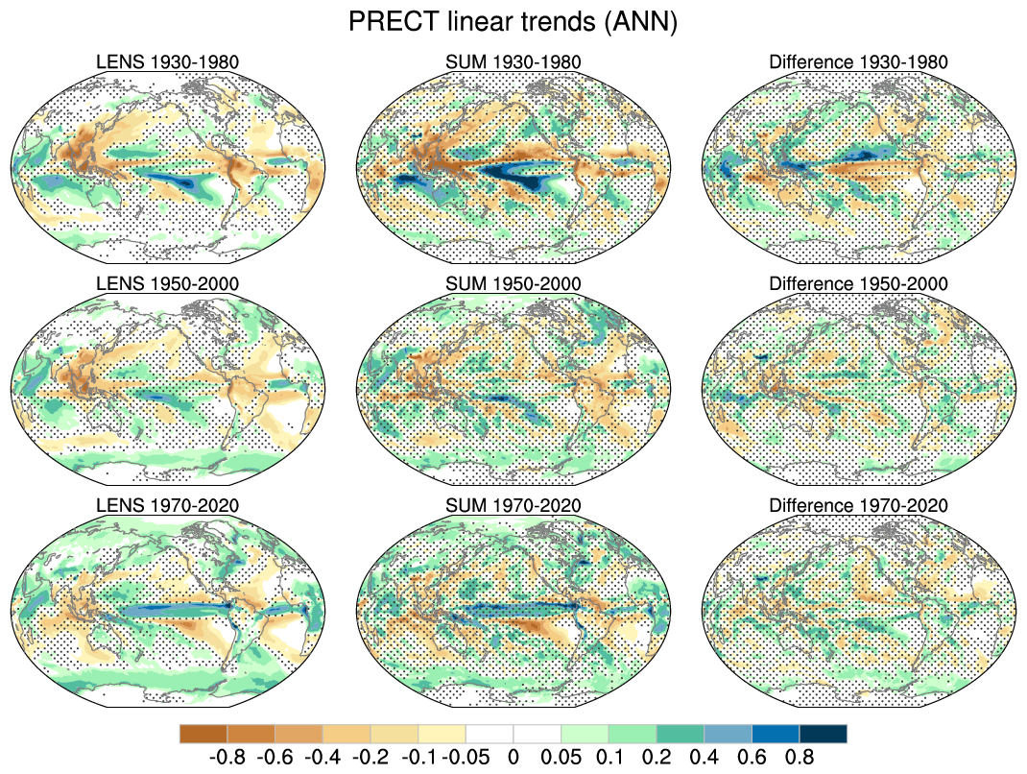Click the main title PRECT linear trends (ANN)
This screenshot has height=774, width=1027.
tap(513, 22)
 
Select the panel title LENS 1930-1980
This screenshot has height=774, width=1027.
tap(168, 62)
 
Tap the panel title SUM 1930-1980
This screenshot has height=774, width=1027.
tap(513, 62)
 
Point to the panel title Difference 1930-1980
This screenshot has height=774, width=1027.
tap(858, 62)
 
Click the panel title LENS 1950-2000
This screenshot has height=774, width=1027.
tap(168, 284)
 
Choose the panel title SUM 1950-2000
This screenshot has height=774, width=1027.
tap(513, 284)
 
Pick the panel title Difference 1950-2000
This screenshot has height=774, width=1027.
tap(858, 284)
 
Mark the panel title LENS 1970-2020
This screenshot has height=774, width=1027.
tap(168, 505)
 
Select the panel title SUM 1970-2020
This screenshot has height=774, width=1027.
tap(513, 505)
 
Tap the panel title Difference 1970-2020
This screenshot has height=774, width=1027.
tap(858, 505)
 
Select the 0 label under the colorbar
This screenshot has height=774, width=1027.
tap(513, 757)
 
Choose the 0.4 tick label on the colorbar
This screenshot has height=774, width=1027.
tap(705, 757)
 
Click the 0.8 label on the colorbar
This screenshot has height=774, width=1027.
tap(800, 757)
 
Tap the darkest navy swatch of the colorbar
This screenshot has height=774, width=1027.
tap(824, 734)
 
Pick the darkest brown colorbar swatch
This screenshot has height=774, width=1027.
tap(203, 734)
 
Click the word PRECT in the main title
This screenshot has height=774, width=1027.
tap(388, 22)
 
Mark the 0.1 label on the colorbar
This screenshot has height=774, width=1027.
tap(609, 757)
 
